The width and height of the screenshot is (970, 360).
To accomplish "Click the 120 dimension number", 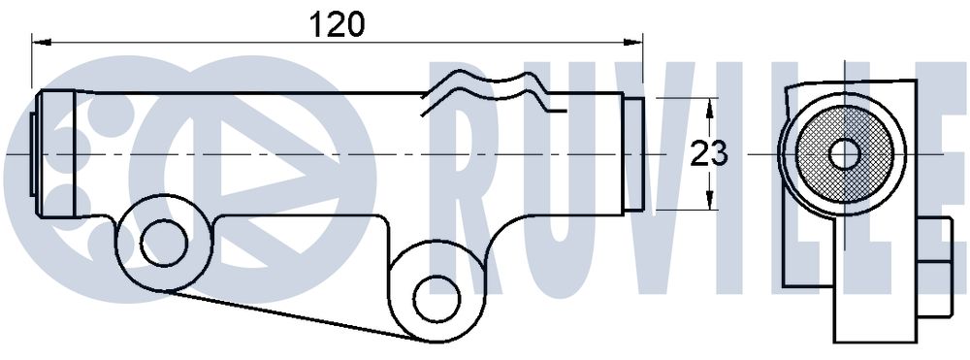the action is tap(338, 24).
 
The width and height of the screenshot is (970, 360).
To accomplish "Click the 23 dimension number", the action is tap(709, 154).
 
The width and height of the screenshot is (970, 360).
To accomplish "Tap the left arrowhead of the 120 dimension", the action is tap(40, 42).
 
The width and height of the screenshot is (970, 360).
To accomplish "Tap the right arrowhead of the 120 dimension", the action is tap(633, 42).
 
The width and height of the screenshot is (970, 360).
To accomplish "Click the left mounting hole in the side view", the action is tap(164, 244).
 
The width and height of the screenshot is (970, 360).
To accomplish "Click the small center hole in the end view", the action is tap(844, 154).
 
